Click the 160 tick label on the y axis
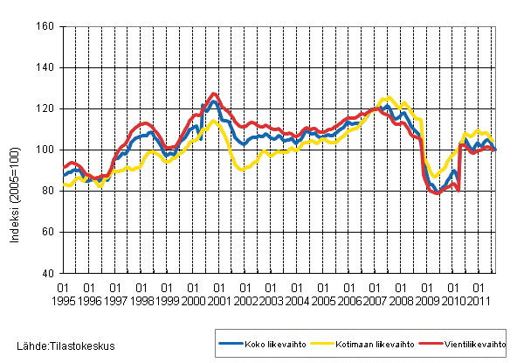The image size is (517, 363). tap(47, 27)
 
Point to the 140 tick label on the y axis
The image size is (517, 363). tap(47, 68)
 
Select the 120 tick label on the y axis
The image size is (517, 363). tap(47, 109)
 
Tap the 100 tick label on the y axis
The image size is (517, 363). tap(47, 150)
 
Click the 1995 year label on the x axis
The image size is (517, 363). tap(63, 300)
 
